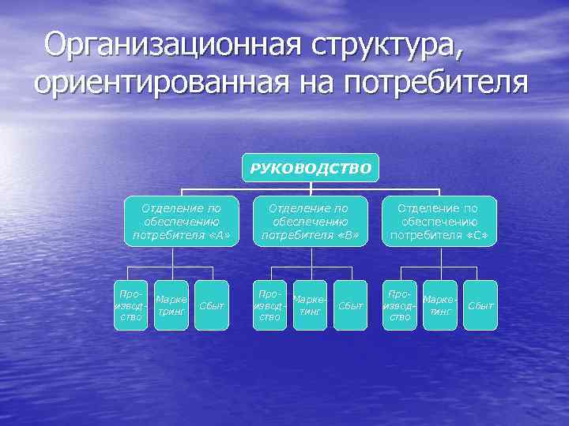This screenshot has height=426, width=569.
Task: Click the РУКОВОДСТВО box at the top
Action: [310, 167]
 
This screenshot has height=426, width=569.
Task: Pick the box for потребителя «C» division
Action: [439, 221]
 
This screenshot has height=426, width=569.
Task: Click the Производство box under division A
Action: [130, 305]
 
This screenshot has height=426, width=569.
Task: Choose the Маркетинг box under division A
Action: [171, 305]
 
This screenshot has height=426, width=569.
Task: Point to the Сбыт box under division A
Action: [211, 305]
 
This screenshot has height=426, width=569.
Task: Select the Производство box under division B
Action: [269, 305]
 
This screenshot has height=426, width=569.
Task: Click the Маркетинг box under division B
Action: [310, 305]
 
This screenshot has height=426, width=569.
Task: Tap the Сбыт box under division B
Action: [350, 305]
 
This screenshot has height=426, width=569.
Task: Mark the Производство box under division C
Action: [399, 305]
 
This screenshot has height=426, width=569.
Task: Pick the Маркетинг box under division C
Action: [440, 305]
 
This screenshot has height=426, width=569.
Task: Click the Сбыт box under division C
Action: [480, 305]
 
